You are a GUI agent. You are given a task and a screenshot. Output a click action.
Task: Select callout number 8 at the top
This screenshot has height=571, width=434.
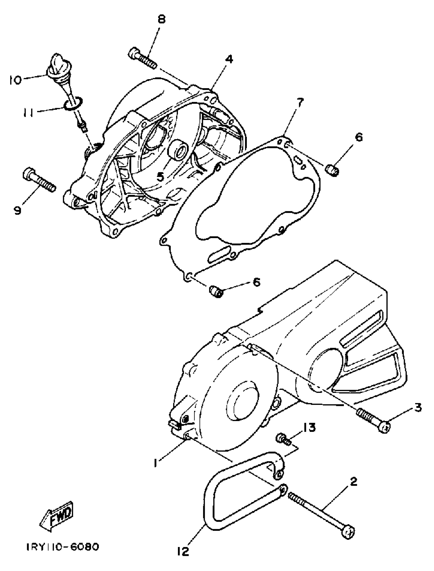[x=161, y=20]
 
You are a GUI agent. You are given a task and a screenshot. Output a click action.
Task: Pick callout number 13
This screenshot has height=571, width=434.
[x=309, y=428]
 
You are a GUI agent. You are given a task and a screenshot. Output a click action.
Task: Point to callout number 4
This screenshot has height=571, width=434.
[x=229, y=60]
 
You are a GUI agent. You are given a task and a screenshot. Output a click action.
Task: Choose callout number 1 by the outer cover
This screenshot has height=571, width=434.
[x=155, y=463]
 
